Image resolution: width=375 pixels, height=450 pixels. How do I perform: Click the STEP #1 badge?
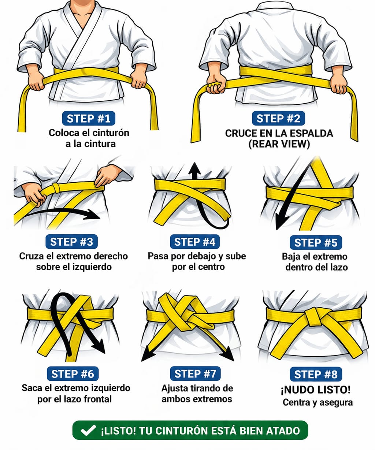click(x=89, y=118)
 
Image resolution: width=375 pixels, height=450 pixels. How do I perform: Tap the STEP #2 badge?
click(x=278, y=118)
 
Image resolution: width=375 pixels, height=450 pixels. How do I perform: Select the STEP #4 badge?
click(x=195, y=242)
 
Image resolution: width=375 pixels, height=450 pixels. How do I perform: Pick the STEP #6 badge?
click(x=73, y=374)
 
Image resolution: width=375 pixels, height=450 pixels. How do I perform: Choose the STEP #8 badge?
click(x=316, y=374)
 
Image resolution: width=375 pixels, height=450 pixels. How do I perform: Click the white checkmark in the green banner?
click(x=88, y=430)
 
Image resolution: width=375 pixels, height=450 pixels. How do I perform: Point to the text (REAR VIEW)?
click(x=279, y=144)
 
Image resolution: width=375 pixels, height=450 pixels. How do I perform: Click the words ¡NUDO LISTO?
click(x=316, y=390)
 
